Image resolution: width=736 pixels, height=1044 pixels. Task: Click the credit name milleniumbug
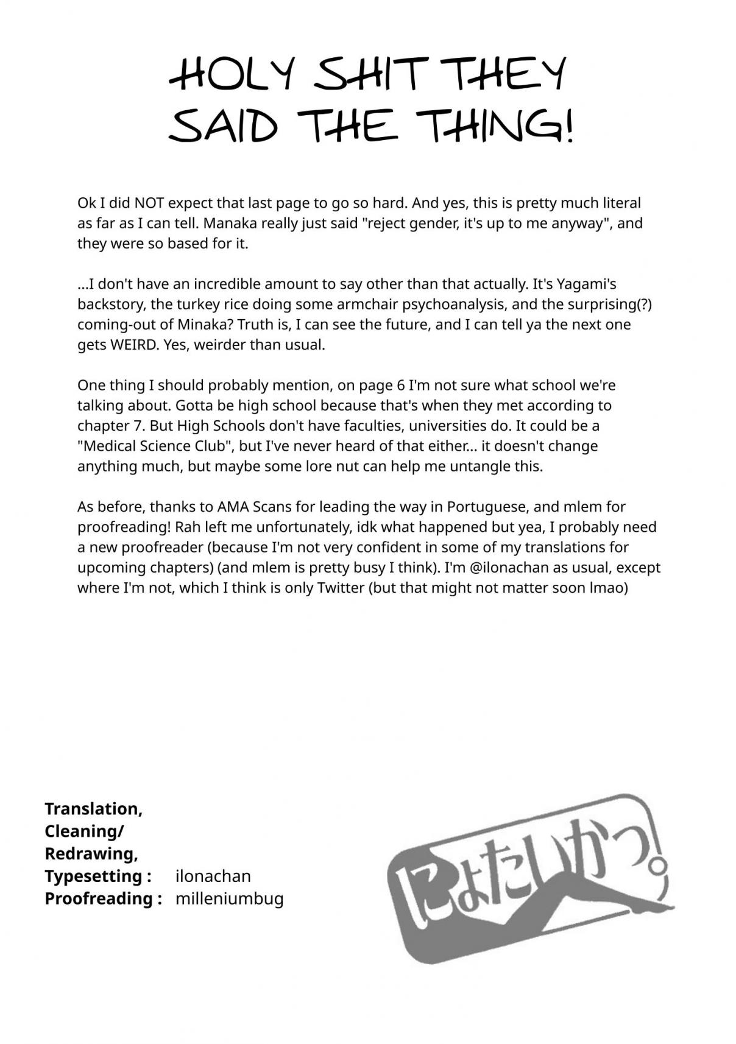pos(229,898)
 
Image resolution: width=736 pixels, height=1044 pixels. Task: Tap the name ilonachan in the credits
pos(213,876)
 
